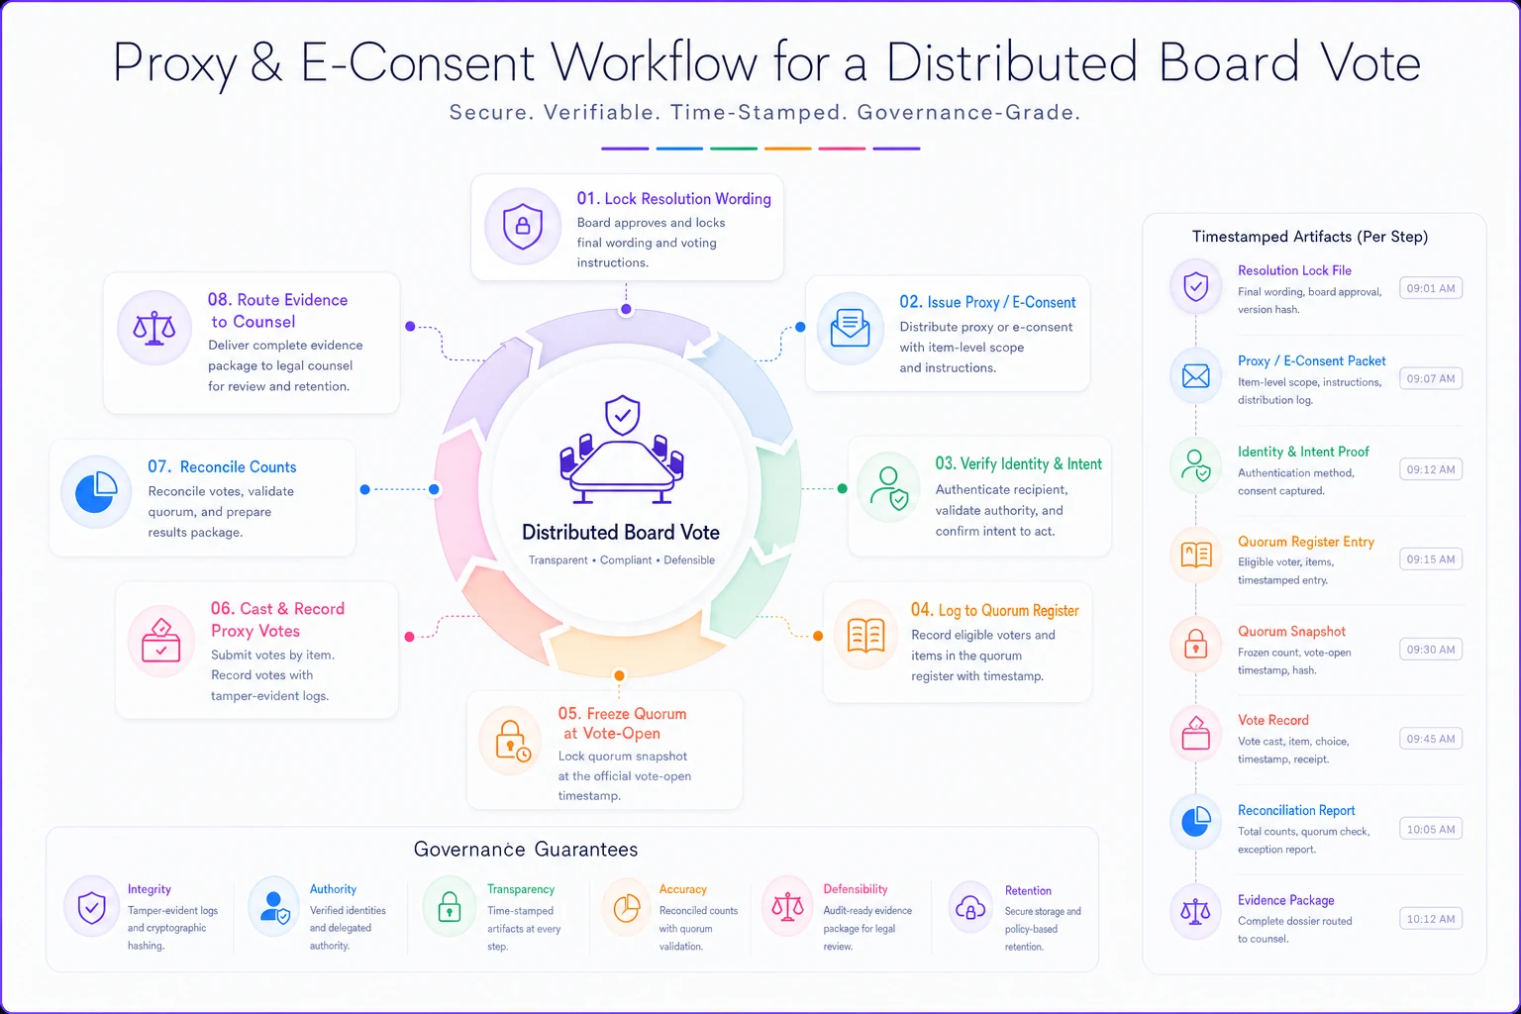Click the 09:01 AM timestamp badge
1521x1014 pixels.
pyautogui.click(x=1431, y=288)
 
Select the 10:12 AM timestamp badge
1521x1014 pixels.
pyautogui.click(x=1431, y=918)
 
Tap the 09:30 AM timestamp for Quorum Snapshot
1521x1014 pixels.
pyautogui.click(x=1431, y=650)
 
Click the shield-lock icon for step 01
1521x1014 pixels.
pyautogui.click(x=522, y=226)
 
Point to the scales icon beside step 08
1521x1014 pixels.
pyautogui.click(x=154, y=329)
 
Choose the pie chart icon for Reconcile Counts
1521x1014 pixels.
pyautogui.click(x=96, y=492)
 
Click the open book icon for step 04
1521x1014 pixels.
pyautogui.click(x=865, y=636)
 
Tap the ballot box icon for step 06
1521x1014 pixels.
pyautogui.click(x=161, y=640)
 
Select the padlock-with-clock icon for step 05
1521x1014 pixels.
pyautogui.click(x=513, y=741)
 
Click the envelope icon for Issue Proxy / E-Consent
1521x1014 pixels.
pyautogui.click(x=851, y=328)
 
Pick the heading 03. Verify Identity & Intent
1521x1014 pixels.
pyautogui.click(x=1019, y=463)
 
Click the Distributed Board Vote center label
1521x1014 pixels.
pyautogui.click(x=621, y=533)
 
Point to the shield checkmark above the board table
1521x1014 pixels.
pyautogui.click(x=622, y=415)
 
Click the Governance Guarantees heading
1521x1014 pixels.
pyautogui.click(x=526, y=849)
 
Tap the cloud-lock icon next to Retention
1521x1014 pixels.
pyautogui.click(x=970, y=907)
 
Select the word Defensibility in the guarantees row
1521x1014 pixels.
pyautogui.click(x=855, y=889)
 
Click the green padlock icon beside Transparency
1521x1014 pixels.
pyautogui.click(x=449, y=907)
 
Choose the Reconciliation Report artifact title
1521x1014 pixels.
pyautogui.click(x=1295, y=810)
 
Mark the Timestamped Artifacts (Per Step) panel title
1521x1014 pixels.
pyautogui.click(x=1310, y=237)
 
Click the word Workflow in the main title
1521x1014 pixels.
pyautogui.click(x=654, y=62)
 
